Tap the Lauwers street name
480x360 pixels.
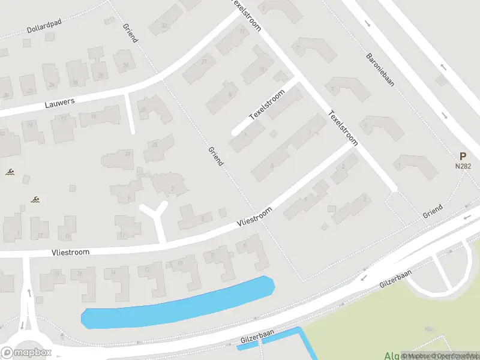[x=60, y=103]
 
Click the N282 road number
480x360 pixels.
[x=462, y=166]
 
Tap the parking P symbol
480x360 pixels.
[x=463, y=155]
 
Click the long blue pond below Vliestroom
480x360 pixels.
[x=177, y=304]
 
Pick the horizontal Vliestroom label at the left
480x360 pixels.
[x=71, y=253]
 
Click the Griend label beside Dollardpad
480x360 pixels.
[x=130, y=33]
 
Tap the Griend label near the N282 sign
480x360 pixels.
[x=432, y=211]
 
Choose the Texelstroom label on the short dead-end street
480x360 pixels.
[x=266, y=106]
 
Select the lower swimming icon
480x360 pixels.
[x=37, y=199]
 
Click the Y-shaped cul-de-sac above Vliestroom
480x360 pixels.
[x=155, y=214]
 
